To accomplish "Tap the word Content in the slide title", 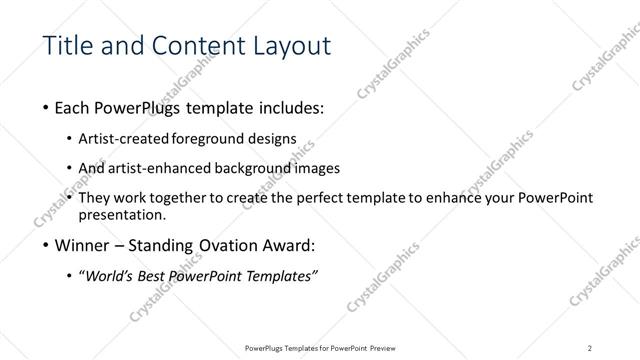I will [189, 46].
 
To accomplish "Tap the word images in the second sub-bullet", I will [319, 168].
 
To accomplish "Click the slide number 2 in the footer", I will [590, 348].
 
